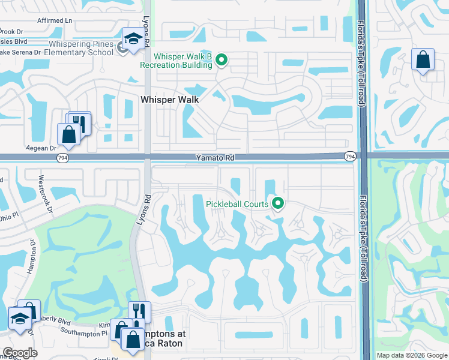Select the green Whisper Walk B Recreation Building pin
(221, 59)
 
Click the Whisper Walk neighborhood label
(169, 100)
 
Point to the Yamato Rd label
(214, 158)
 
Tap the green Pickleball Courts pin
(278, 204)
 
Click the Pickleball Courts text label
(237, 205)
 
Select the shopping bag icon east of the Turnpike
(423, 60)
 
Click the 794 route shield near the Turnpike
(350, 157)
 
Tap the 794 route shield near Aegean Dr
(62, 157)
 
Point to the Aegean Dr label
(40, 148)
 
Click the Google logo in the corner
(20, 353)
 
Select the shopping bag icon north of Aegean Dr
(68, 134)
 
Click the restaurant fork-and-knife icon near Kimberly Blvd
(139, 311)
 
